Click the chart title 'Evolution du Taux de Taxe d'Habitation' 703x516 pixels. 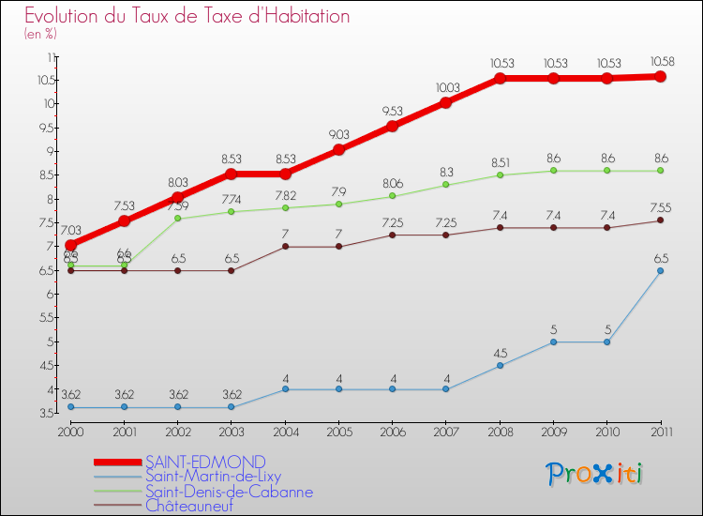click(x=187, y=17)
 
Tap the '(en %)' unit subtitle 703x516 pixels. click(x=41, y=34)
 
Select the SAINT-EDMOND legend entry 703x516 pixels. click(x=205, y=462)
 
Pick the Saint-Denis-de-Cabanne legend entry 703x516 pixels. click(x=229, y=492)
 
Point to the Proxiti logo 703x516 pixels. click(x=595, y=474)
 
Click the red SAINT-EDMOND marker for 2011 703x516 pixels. click(x=660, y=77)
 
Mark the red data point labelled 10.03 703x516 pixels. click(x=446, y=102)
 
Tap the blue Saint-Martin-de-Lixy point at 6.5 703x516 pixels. click(x=660, y=271)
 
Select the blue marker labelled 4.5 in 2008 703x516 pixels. click(x=500, y=366)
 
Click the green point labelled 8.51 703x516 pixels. click(x=500, y=175)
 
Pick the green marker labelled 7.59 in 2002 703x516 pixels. click(x=178, y=219)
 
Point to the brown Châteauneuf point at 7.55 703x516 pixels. click(x=660, y=220)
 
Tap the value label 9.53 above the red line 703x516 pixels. click(x=393, y=111)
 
